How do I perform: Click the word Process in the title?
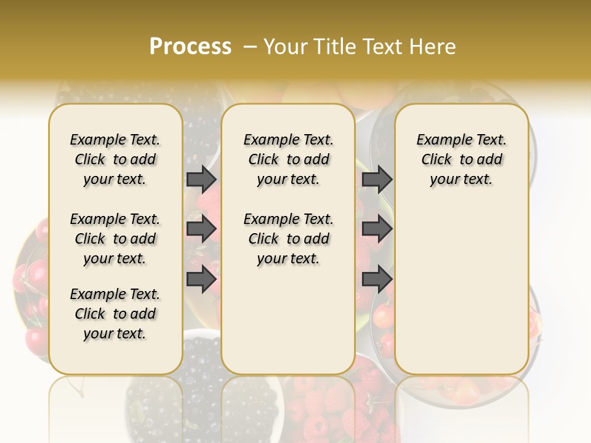190,47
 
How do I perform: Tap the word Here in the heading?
433,47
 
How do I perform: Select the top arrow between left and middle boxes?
201,179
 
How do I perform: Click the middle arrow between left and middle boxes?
201,229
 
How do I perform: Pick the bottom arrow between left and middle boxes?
201,279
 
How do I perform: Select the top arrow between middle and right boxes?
377,179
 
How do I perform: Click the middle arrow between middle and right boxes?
377,229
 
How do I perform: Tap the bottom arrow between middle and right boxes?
377,279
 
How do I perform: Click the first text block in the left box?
115,159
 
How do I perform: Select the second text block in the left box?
115,239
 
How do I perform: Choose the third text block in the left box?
115,314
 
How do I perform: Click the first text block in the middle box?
289,159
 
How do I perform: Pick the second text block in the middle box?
289,239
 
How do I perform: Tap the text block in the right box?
462,159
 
